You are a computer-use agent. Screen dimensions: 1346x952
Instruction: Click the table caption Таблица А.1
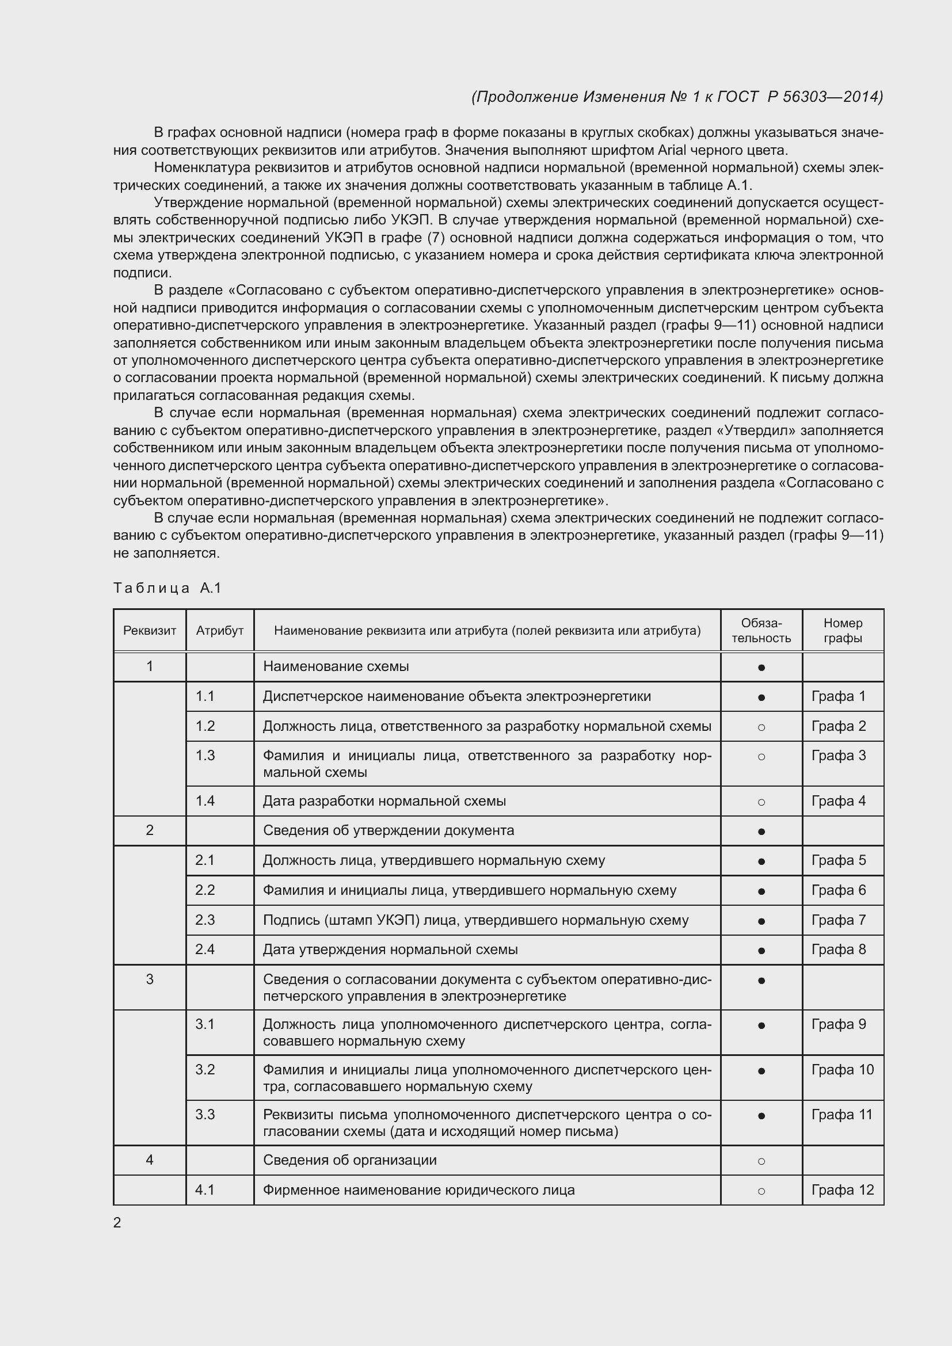click(x=167, y=588)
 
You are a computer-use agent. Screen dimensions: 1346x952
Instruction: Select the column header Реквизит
click(x=150, y=631)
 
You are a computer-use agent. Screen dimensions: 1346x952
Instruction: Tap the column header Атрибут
click(x=220, y=631)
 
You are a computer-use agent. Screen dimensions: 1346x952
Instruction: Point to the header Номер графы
click(x=843, y=630)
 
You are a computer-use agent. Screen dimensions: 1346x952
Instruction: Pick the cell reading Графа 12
click(x=843, y=1189)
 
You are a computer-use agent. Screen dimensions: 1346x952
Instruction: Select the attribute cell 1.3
click(x=205, y=756)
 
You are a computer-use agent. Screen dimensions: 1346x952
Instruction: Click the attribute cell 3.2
click(x=205, y=1069)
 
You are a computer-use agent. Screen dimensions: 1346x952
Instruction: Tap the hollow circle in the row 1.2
click(x=761, y=727)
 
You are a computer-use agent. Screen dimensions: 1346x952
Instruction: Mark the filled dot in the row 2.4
click(x=761, y=950)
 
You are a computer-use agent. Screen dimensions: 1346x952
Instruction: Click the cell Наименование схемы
click(x=336, y=666)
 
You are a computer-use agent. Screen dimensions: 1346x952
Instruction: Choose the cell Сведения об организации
click(x=349, y=1160)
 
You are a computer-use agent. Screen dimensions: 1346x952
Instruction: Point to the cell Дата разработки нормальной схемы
click(x=384, y=801)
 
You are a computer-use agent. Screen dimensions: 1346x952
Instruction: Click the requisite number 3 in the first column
click(x=150, y=979)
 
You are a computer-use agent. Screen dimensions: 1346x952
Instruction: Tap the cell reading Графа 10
click(x=843, y=1069)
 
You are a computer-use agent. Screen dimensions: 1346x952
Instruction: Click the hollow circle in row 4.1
click(x=761, y=1191)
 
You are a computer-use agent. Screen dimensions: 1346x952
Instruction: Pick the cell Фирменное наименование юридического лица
click(x=418, y=1189)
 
